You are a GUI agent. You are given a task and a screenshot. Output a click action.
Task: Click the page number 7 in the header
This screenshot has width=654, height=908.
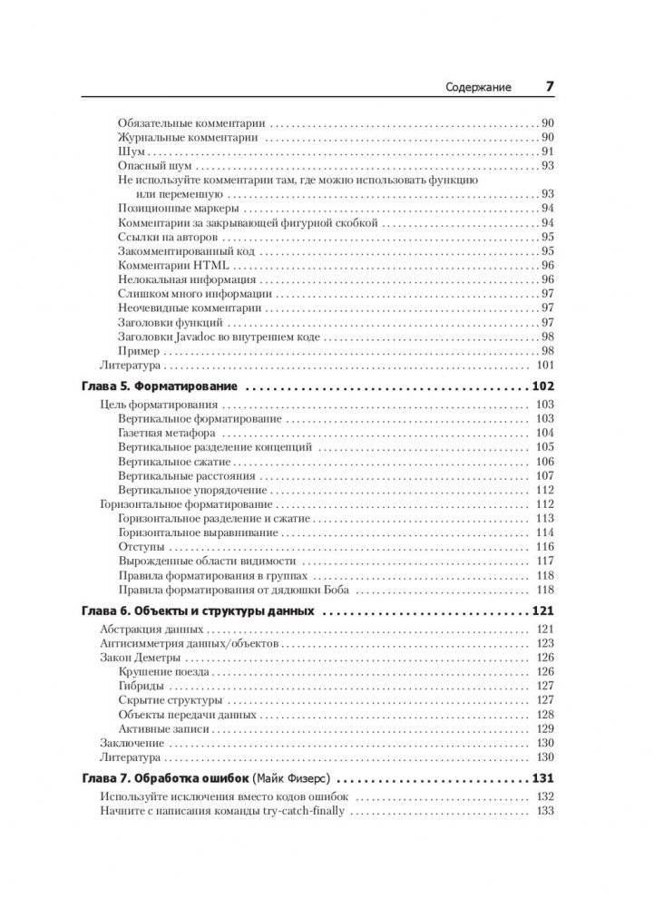[549, 87]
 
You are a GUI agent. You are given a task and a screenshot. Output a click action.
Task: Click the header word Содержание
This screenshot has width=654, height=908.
[478, 88]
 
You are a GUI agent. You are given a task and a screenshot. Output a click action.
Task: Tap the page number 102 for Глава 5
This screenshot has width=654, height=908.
[542, 387]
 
